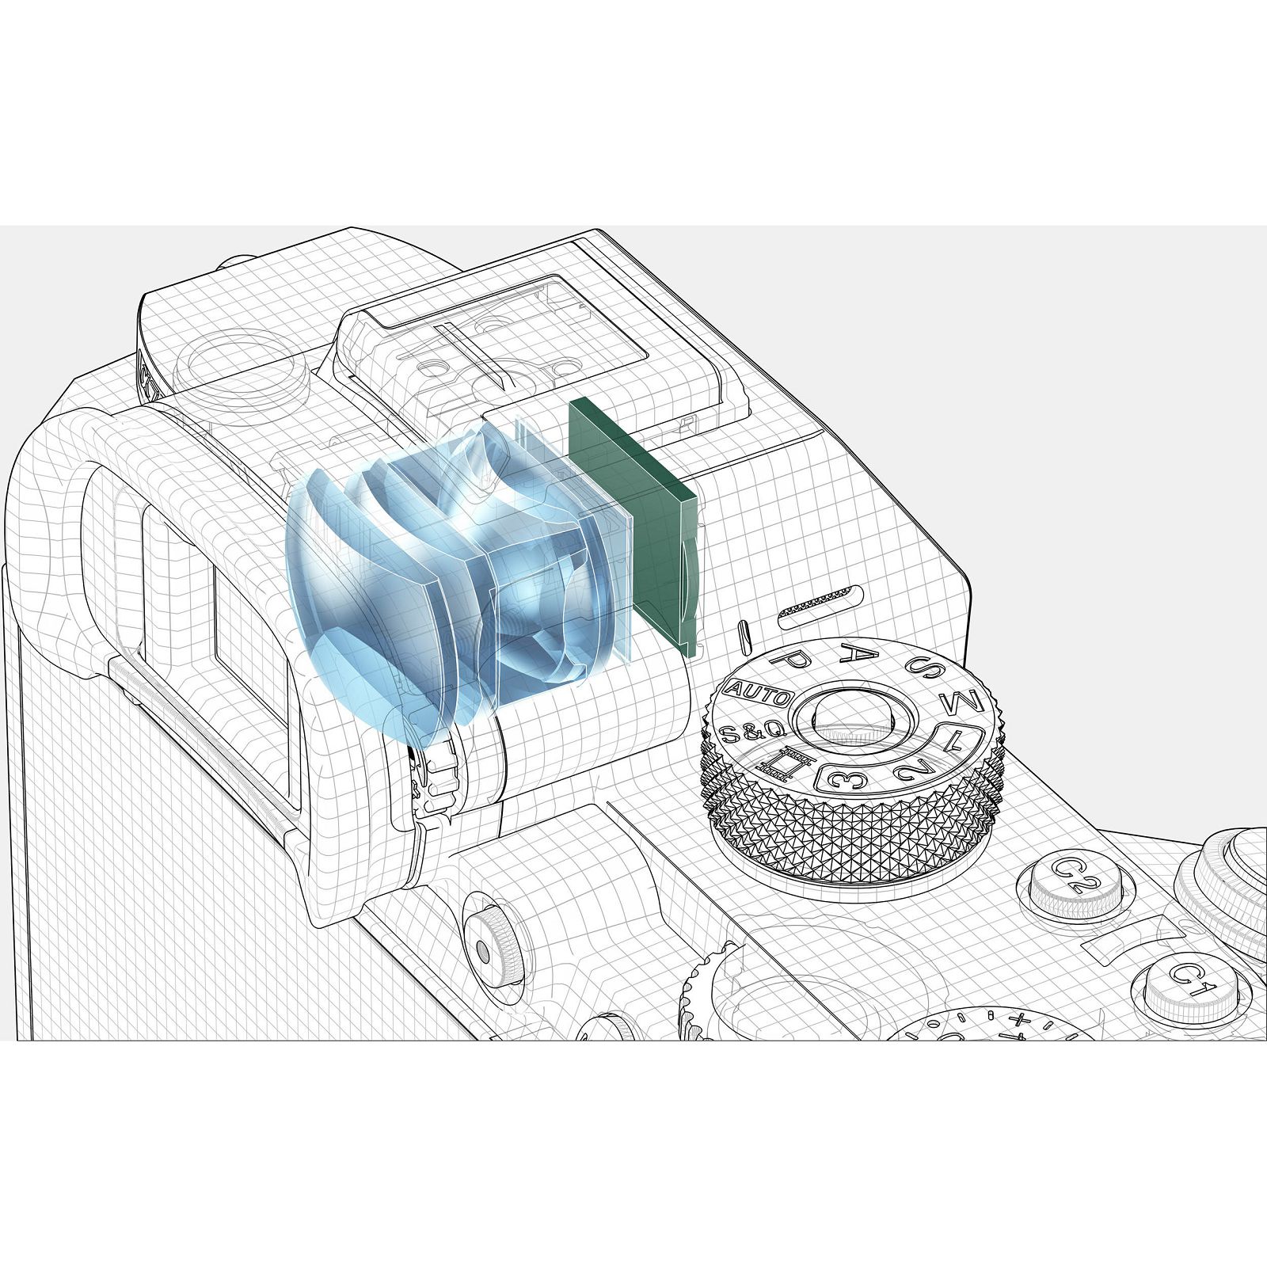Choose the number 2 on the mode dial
pyautogui.click(x=914, y=765)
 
